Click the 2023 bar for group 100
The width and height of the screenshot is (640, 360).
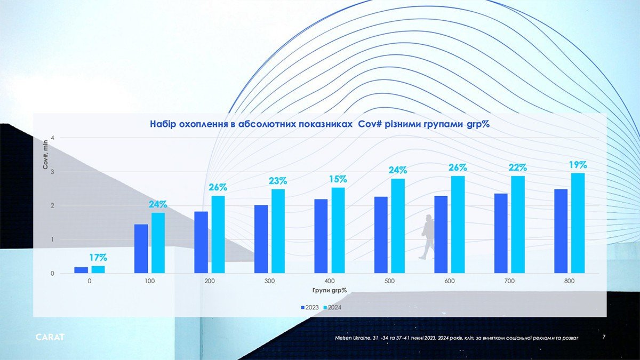click(141, 249)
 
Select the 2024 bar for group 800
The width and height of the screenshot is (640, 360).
click(578, 223)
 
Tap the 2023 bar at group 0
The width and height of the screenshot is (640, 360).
click(81, 270)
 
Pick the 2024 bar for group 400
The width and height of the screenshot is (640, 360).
click(338, 230)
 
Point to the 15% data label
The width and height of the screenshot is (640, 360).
click(338, 179)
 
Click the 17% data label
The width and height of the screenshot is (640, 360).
click(98, 258)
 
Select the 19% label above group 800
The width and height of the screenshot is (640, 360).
click(578, 165)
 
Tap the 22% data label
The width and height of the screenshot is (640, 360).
click(518, 167)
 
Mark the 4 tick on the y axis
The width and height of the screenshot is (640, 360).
click(52, 138)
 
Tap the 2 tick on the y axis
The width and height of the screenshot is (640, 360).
click(52, 206)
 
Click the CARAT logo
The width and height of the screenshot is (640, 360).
click(50, 338)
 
